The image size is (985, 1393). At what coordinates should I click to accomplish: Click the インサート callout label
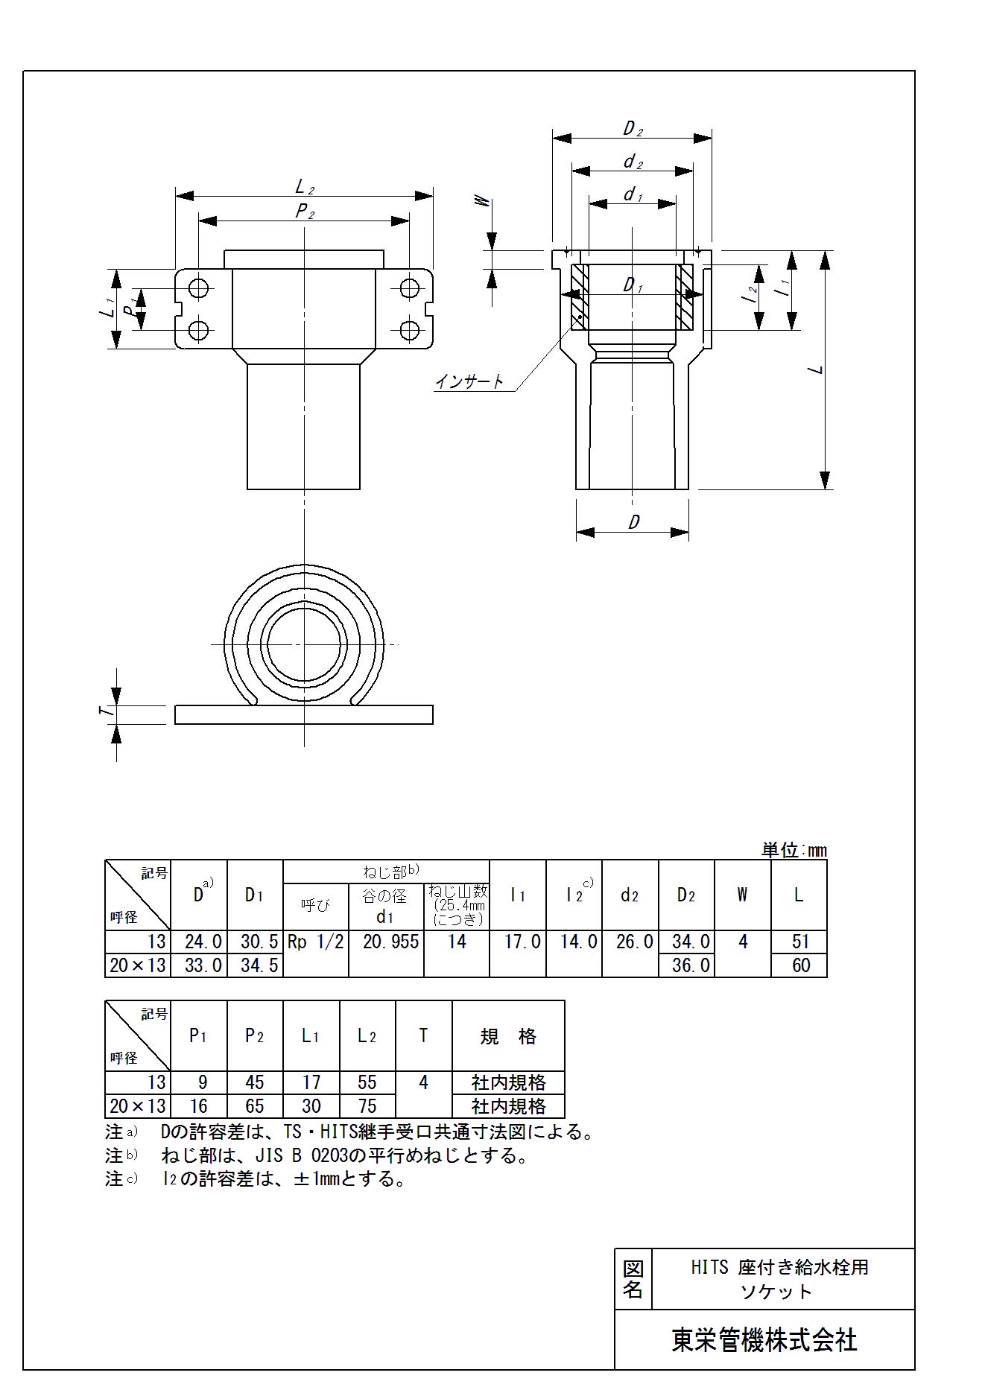[x=469, y=381]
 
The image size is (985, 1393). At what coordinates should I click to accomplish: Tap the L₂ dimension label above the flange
[x=305, y=186]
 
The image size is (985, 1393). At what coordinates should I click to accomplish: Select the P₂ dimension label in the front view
[x=305, y=211]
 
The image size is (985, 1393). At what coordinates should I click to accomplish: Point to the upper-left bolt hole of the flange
[x=198, y=288]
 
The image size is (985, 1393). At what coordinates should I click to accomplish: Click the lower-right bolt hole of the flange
[x=409, y=329]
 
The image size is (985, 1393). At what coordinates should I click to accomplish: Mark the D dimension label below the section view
[x=633, y=522]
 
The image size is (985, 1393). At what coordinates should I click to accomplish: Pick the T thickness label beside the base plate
[x=107, y=711]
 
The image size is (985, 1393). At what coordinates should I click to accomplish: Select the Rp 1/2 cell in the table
[x=316, y=942]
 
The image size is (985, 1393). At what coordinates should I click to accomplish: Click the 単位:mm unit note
[x=794, y=850]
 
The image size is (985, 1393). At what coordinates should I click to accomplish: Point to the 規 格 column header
[x=508, y=1036]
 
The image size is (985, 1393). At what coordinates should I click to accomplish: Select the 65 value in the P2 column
[x=255, y=1106]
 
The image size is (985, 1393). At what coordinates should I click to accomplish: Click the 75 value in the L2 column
[x=367, y=1106]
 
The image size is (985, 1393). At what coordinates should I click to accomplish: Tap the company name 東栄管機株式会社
[x=764, y=1340]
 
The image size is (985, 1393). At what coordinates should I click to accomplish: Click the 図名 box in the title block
[x=633, y=1279]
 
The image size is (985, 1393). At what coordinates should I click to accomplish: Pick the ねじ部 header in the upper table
[x=390, y=871]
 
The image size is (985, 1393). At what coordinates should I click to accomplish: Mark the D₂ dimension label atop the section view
[x=633, y=129]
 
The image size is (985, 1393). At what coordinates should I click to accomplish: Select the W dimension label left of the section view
[x=483, y=201]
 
